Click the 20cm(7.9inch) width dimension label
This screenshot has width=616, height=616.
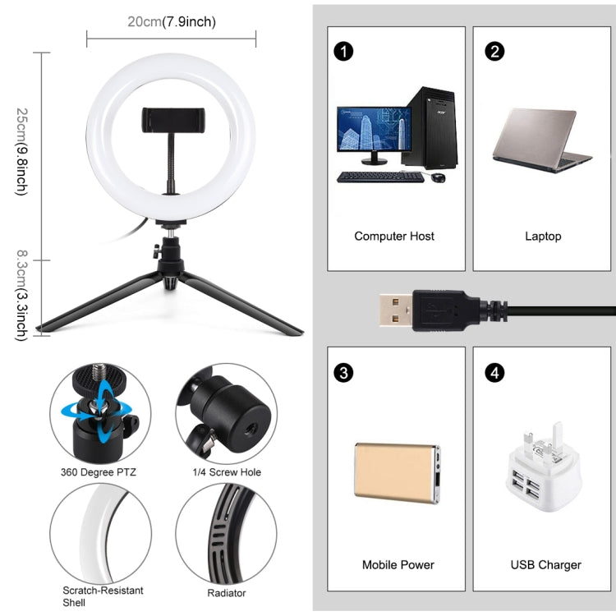(x=172, y=22)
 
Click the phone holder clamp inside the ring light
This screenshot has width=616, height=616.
(x=172, y=119)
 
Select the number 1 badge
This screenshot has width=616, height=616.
(x=343, y=51)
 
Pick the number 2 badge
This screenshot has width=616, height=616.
(x=494, y=51)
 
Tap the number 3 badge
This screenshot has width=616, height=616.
(x=343, y=373)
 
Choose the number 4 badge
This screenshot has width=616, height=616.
(x=494, y=373)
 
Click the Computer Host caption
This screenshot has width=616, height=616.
(x=394, y=237)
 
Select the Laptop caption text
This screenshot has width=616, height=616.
(x=543, y=237)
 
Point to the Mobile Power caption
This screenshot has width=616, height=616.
(x=398, y=565)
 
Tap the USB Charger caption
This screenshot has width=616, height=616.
(x=545, y=565)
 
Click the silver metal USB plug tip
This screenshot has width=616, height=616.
(x=397, y=309)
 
